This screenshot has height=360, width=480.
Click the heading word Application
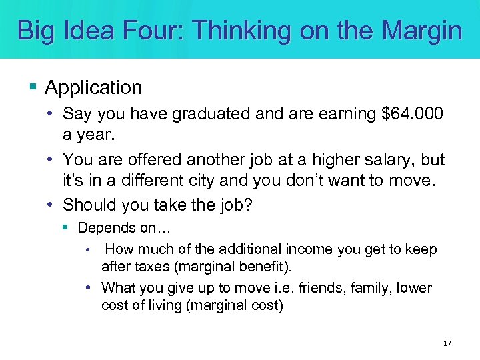tap(94, 87)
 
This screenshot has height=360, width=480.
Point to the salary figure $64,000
tap(412, 114)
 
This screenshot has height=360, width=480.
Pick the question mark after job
tap(249, 205)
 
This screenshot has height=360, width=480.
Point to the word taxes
tap(149, 266)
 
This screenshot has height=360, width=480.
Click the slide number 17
tap(447, 343)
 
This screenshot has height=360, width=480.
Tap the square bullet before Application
tap(34, 87)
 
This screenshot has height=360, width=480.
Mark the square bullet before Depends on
tap(65, 227)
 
